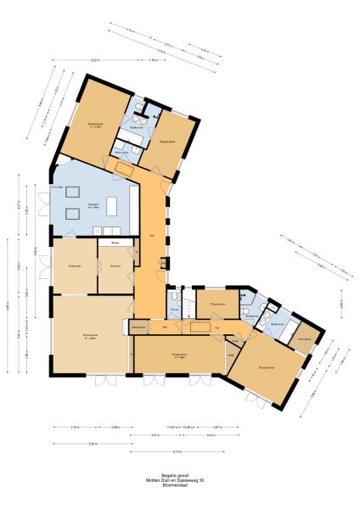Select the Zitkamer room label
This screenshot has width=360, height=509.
click(x=74, y=266)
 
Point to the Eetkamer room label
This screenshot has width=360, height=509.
click(x=115, y=266)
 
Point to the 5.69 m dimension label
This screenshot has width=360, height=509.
click(x=91, y=443)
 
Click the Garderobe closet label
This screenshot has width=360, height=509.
click(x=139, y=326)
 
